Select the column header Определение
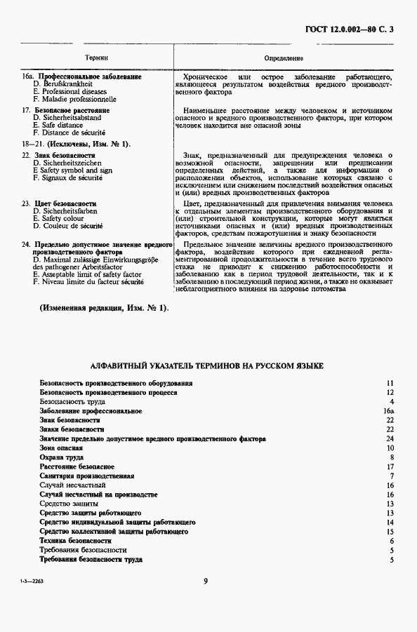[284, 58]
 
